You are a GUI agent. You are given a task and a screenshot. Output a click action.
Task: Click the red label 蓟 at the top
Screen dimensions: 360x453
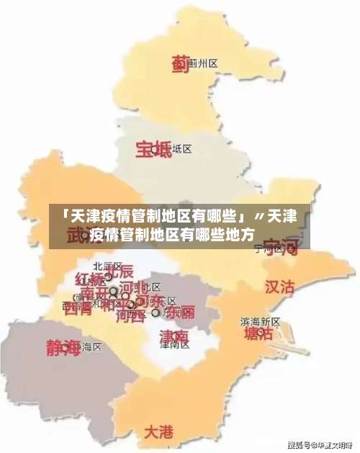pos(180,64)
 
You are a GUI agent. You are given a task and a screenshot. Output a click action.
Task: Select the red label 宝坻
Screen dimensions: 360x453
pos(153,150)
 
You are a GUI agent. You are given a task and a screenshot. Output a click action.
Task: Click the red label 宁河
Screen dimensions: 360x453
pos(279,246)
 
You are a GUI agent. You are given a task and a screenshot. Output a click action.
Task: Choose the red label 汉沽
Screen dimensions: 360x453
pos(279,287)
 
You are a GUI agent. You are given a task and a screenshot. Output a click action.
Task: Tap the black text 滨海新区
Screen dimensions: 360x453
pos(260,321)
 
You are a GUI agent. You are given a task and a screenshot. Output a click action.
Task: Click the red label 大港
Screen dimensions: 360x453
pos(158,432)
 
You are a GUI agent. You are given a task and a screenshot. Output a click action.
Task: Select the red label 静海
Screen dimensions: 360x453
pos(63,347)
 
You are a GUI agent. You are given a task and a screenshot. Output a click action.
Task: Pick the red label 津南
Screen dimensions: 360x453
pos(174,336)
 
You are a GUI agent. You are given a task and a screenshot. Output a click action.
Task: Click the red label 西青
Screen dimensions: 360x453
pos(78,310)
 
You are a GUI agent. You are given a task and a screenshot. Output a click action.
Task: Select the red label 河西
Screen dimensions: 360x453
pos(130,314)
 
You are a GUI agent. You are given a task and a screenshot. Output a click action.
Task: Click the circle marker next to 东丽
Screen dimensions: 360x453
pos(156,313)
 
